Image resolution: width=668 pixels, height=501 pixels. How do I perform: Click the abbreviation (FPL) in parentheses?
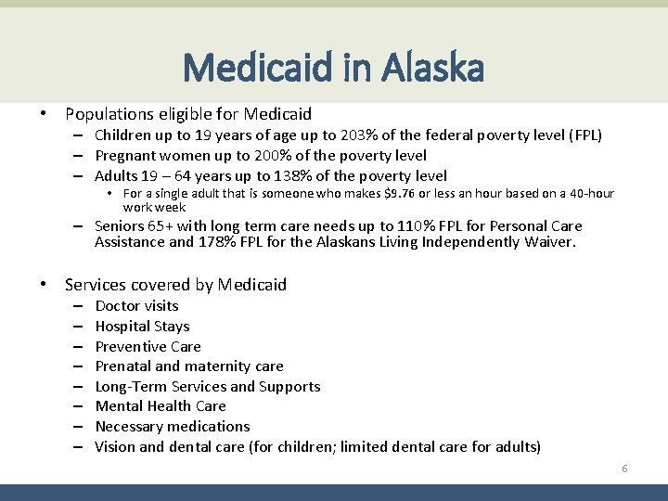click(x=582, y=135)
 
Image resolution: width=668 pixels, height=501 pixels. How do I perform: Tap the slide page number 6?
click(x=624, y=469)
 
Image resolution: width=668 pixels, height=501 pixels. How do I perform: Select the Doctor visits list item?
click(x=136, y=306)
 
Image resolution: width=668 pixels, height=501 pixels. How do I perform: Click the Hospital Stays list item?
click(x=142, y=327)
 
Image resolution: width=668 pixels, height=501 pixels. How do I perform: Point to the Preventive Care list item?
click(x=148, y=346)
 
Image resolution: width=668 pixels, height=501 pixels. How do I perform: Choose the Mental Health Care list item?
click(x=161, y=406)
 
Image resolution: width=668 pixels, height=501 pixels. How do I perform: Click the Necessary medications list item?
click(x=173, y=427)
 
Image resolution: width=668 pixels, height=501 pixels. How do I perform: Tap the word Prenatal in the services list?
click(x=122, y=366)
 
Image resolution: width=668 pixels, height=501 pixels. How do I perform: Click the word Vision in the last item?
click(x=115, y=447)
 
